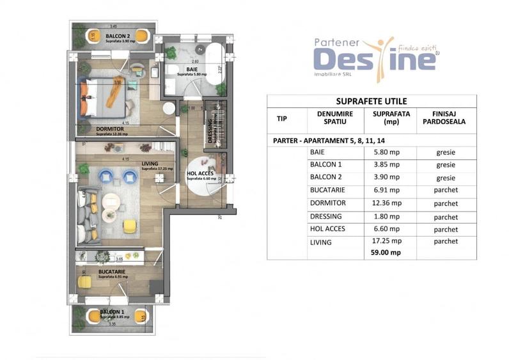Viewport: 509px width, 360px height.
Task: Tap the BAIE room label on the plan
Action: pos(191,68)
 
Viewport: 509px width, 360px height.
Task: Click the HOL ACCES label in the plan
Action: pos(199,173)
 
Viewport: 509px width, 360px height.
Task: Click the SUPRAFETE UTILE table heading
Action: pos(371,101)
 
